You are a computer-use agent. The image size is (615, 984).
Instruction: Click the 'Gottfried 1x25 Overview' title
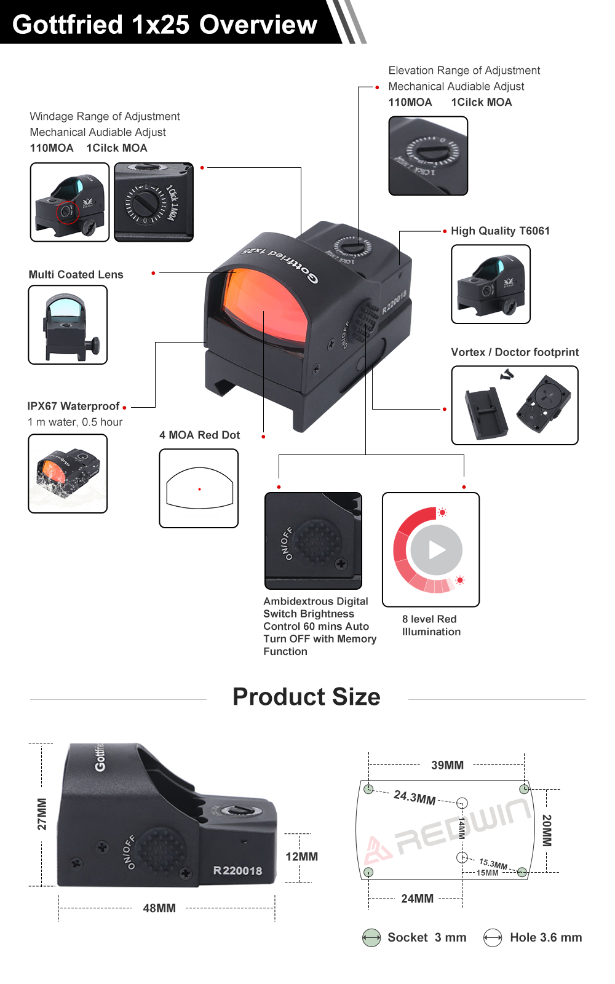coord(165,24)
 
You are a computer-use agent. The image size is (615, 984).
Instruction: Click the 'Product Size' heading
coord(307,697)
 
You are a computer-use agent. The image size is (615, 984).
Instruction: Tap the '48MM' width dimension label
coord(159,908)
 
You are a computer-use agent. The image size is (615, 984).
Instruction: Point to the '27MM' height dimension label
coord(42,814)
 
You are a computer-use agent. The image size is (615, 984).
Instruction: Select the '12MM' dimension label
coord(302,857)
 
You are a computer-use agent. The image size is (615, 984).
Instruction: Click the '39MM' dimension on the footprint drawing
coord(447,765)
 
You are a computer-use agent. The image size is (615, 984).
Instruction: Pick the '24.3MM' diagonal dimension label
coord(415,797)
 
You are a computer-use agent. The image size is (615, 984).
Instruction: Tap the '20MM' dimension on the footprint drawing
coord(547,830)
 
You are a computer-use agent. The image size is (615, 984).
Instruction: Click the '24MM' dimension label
coord(418,899)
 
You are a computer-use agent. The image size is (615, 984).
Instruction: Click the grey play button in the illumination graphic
coord(437,550)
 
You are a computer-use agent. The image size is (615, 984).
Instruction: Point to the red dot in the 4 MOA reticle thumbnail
coord(199,489)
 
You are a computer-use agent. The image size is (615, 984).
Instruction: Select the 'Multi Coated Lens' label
coord(76,274)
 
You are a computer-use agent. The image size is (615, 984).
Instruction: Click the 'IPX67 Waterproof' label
coord(73,406)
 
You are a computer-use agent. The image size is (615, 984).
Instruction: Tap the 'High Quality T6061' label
coord(501,231)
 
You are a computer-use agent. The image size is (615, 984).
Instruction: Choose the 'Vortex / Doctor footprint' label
coord(515,352)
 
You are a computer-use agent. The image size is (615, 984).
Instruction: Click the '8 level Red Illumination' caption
coord(431,625)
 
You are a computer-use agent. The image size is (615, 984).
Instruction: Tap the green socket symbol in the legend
coord(371,937)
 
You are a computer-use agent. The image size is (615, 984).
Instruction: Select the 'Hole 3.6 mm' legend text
coord(546,937)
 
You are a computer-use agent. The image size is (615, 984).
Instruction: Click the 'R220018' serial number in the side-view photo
coord(237,871)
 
